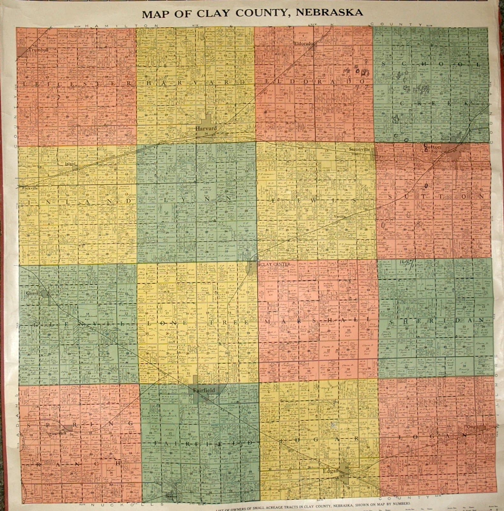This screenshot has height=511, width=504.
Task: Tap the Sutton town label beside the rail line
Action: pos(432,147)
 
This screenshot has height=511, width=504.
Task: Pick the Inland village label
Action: pos(70,164)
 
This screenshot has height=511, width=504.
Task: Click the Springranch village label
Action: pos(52,435)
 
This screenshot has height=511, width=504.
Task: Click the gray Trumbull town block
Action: pos(22,52)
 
